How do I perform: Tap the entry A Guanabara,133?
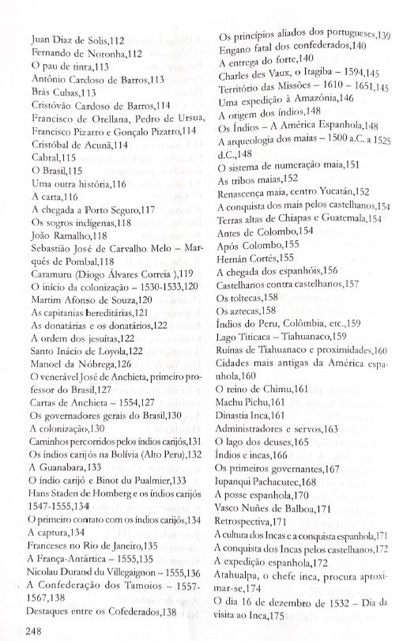click(64, 468)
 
